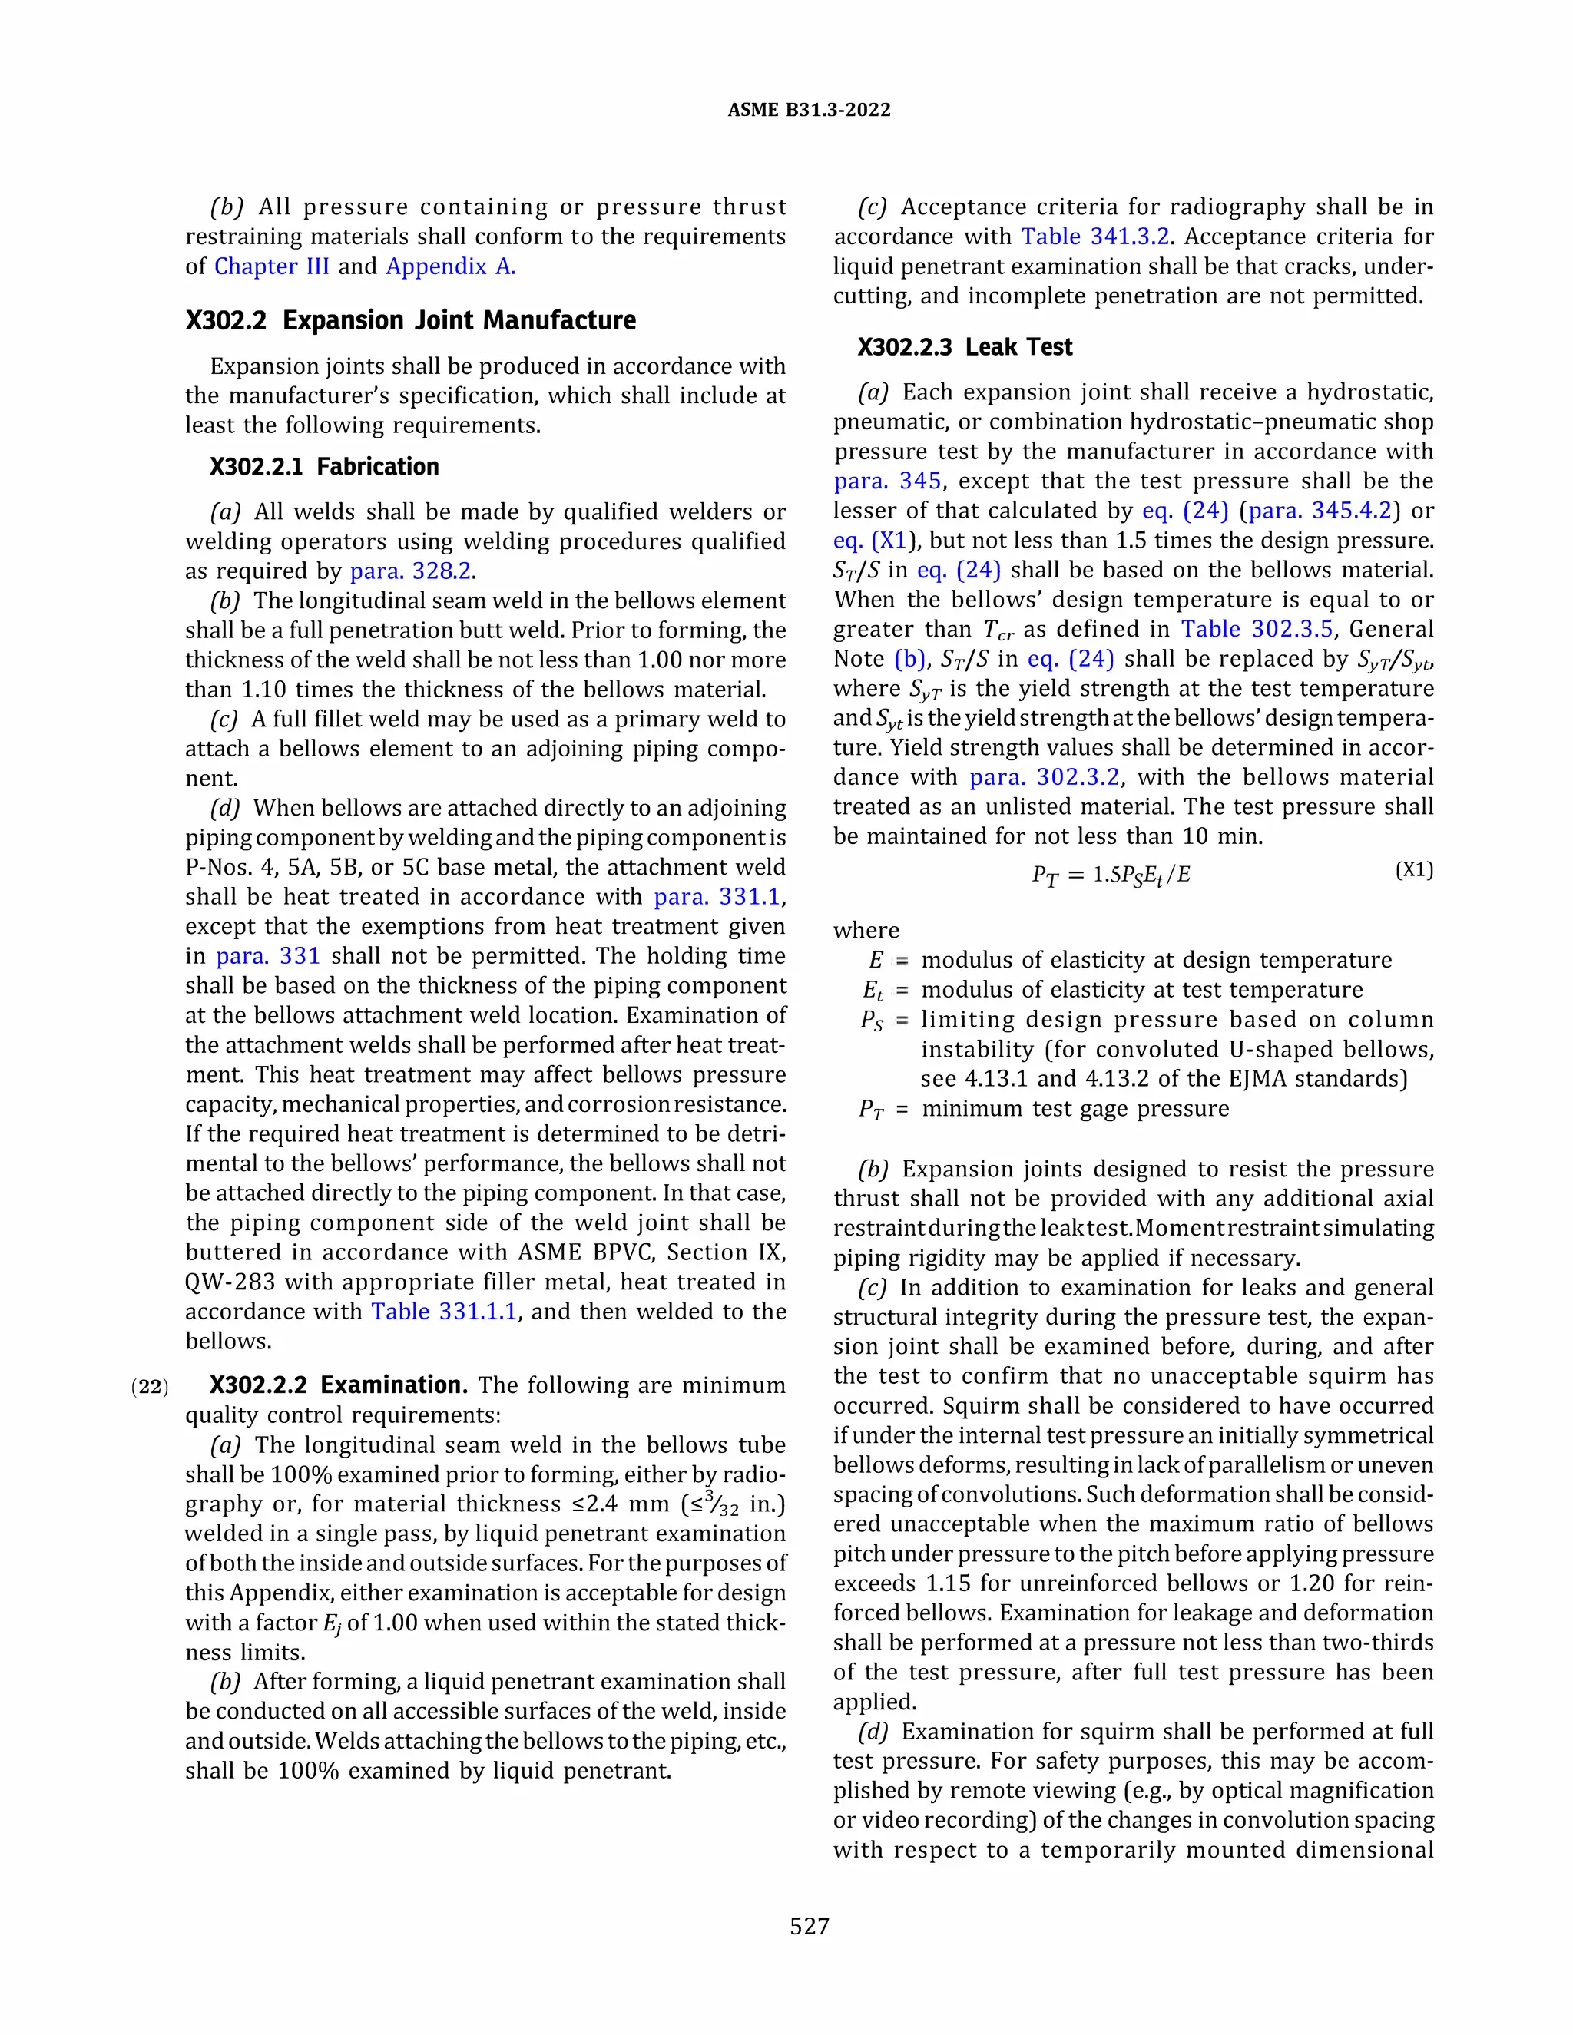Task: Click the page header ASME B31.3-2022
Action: pyautogui.click(x=808, y=110)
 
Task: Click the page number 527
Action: pyautogui.click(x=809, y=1926)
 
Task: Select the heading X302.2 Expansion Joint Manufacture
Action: pyautogui.click(x=410, y=320)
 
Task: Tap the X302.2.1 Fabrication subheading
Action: pyautogui.click(x=323, y=467)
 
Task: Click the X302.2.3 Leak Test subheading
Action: pyautogui.click(x=965, y=348)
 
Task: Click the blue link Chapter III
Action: pyautogui.click(x=271, y=266)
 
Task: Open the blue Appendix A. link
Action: pyautogui.click(x=450, y=266)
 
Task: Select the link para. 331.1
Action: pyautogui.click(x=717, y=897)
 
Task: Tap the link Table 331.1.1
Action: pyautogui.click(x=444, y=1312)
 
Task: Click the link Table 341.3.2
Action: pyautogui.click(x=1095, y=237)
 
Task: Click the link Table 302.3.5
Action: pyautogui.click(x=1256, y=630)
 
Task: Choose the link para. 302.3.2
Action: pyautogui.click(x=1044, y=778)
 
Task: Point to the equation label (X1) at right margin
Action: pyautogui.click(x=1414, y=870)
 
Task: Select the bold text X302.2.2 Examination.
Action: pyautogui.click(x=338, y=1385)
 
